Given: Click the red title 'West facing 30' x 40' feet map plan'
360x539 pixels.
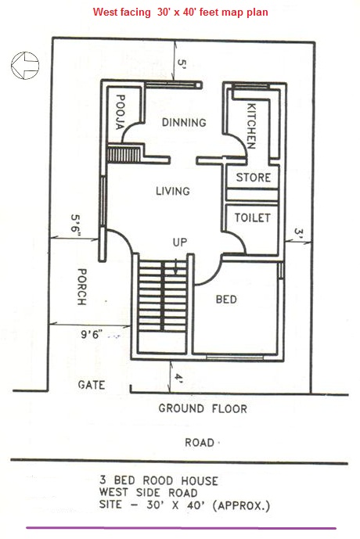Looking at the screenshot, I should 180,13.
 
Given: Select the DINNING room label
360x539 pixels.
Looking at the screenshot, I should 184,123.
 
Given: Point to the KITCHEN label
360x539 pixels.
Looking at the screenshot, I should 251,125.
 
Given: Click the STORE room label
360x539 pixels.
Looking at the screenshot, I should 254,178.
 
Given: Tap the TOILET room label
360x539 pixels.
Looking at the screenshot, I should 253,217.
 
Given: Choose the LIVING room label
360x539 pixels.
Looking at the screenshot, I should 172,191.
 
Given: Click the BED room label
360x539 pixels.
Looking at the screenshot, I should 225,299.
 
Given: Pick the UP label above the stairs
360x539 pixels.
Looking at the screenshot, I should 179,243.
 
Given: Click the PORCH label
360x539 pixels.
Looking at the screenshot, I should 80,288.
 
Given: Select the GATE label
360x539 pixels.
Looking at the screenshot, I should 92,385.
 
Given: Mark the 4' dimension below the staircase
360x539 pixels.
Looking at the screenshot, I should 178,378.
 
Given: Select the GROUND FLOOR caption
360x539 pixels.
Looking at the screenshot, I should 203,408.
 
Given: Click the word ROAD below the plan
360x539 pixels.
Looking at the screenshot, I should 200,443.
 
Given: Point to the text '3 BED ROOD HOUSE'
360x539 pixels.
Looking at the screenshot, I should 159,480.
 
